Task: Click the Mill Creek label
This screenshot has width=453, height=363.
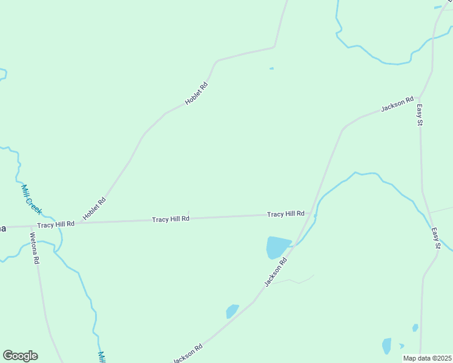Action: point(31,199)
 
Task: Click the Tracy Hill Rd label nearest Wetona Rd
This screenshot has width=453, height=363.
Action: point(56,224)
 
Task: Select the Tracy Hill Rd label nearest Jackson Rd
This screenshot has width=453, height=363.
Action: point(286,214)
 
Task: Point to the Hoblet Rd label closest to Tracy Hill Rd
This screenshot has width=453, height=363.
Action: point(94,209)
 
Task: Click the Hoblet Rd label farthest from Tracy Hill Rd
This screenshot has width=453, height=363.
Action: point(196,95)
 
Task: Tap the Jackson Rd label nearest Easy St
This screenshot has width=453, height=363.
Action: point(397,104)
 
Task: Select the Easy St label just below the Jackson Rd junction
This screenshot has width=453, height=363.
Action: point(419,115)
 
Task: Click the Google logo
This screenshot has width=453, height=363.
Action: point(20,356)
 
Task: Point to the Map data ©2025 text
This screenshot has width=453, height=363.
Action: point(427,358)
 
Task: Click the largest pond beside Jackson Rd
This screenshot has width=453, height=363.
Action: point(278,247)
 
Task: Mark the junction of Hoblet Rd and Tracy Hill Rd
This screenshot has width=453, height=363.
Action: point(78,223)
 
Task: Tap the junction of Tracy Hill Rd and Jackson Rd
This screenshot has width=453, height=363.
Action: point(311,214)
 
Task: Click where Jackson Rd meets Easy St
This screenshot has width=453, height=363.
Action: point(420,97)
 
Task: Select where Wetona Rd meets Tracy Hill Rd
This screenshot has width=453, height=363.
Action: point(31,226)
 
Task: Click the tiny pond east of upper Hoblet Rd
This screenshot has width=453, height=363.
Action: point(271,68)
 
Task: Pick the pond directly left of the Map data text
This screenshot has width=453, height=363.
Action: point(386,346)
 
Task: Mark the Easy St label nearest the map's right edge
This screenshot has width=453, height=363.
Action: point(436,238)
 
